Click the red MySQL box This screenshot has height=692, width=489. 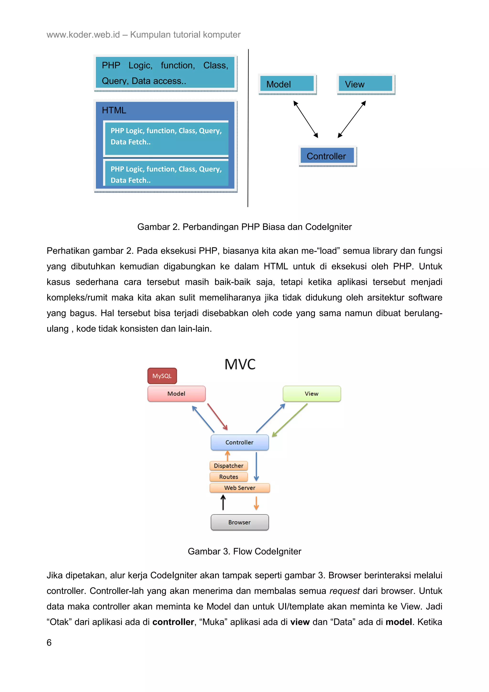click(x=162, y=376)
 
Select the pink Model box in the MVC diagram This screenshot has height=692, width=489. click(x=176, y=394)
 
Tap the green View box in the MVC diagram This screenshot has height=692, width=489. click(x=312, y=394)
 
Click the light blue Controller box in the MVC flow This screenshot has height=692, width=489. click(x=239, y=442)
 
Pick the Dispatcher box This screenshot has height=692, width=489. click(x=228, y=466)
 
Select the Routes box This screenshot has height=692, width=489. click(x=228, y=477)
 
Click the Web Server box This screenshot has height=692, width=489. click(x=239, y=488)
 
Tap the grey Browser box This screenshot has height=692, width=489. click(x=239, y=522)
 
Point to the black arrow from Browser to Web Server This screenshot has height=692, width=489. click(x=223, y=503)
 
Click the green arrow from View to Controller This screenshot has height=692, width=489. click(x=290, y=420)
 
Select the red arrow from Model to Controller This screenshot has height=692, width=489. click(x=217, y=417)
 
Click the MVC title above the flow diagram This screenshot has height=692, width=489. click(x=240, y=364)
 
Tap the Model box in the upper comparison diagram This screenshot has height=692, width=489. click(x=287, y=84)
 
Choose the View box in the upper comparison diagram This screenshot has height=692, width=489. click(x=365, y=84)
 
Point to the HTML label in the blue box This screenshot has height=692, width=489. click(x=114, y=110)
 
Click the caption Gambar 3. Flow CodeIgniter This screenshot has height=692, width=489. click(x=244, y=551)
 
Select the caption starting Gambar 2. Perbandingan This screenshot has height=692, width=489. click(x=244, y=227)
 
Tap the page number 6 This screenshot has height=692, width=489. click(x=49, y=643)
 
